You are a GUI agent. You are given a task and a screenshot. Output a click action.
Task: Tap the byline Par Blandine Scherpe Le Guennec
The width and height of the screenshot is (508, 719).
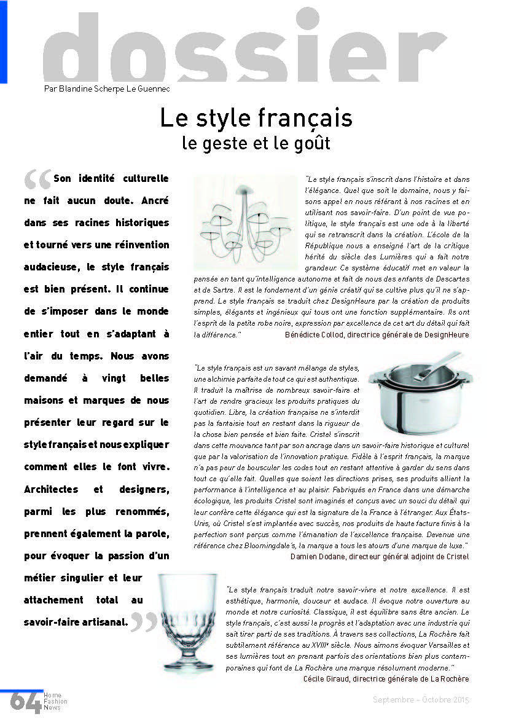tap(107, 88)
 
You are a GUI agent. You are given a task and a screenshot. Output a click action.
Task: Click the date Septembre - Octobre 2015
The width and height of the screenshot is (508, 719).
tap(421, 700)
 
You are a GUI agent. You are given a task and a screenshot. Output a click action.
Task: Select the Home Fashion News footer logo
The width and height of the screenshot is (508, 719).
tap(55, 701)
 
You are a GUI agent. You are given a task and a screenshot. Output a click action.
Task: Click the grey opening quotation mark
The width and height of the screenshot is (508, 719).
tap(37, 180)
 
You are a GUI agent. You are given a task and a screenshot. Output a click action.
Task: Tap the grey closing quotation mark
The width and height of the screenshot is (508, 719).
tap(144, 623)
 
